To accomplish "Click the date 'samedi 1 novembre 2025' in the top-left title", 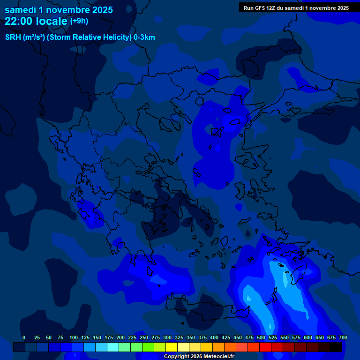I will pyautogui.click(x=59, y=9).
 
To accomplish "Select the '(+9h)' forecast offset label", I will pyautogui.click(x=79, y=21).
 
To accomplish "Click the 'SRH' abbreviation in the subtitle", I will pyautogui.click(x=13, y=37).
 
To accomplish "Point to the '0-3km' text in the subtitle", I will pyautogui.click(x=144, y=37).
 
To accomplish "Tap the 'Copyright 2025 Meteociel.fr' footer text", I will pyautogui.click(x=199, y=356).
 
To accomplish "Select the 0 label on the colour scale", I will pyautogui.click(x=24, y=337).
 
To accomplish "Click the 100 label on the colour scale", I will pyautogui.click(x=74, y=337).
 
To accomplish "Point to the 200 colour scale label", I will pyautogui.click(x=120, y=337).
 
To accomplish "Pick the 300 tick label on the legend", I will pyautogui.click(x=167, y=337).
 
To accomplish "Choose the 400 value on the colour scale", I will pyautogui.click(x=214, y=337).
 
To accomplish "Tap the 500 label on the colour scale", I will pyautogui.click(x=261, y=337).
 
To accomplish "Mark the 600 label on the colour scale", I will pyautogui.click(x=308, y=337).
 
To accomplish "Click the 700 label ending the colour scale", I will pyautogui.click(x=343, y=337).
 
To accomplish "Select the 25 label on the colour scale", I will pyautogui.click(x=37, y=337).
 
